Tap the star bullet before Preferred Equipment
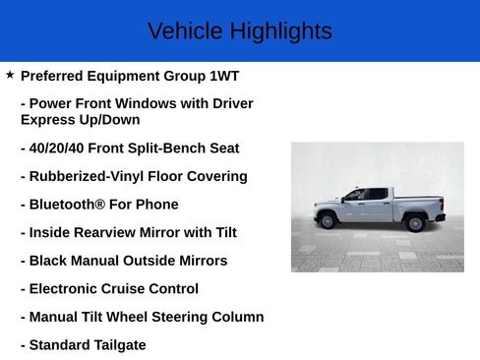coord(10,75)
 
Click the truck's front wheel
coord(328,220)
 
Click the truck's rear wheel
coord(415,221)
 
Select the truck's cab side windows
coord(364,194)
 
